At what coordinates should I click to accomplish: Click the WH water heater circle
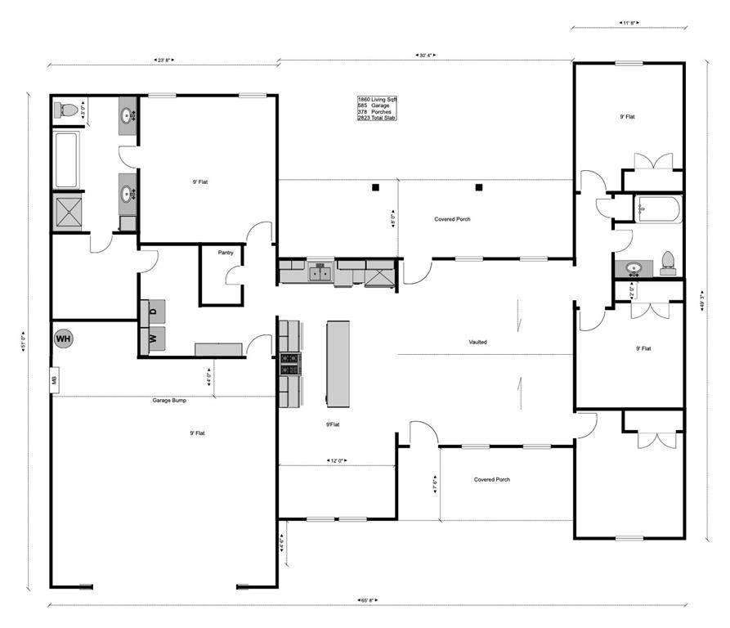pos(64,338)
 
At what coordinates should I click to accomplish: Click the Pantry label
pos(226,253)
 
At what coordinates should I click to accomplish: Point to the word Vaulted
pos(478,342)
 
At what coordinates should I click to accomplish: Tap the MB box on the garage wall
pos(55,380)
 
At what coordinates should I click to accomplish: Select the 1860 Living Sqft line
pos(377,99)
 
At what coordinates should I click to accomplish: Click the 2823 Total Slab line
pos(378,119)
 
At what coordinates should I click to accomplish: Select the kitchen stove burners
pos(289,363)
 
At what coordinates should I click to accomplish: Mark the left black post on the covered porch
pos(375,187)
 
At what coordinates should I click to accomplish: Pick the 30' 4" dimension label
pos(427,56)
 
